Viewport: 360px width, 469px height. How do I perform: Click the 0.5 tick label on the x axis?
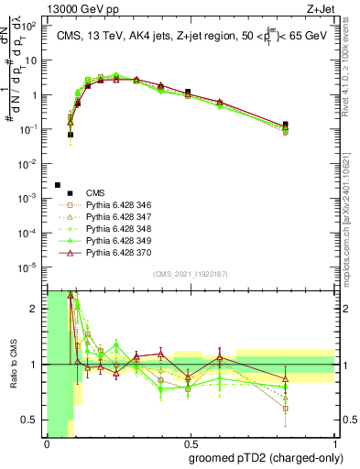pyautogui.click(x=191, y=442)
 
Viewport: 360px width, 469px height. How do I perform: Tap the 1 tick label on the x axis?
pyautogui.click(x=335, y=442)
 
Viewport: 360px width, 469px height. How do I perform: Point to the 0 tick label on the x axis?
pyautogui.click(x=47, y=442)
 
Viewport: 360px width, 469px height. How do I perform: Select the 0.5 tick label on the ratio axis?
pyautogui.click(x=31, y=420)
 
